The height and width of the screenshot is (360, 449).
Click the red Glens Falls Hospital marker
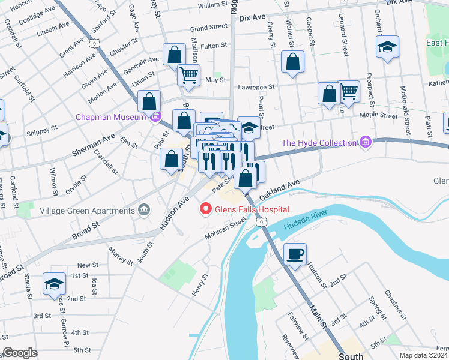(205, 209)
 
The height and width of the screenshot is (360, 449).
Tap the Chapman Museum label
(111, 117)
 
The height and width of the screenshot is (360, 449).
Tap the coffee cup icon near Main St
(295, 253)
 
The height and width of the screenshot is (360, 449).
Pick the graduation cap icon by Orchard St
(388, 46)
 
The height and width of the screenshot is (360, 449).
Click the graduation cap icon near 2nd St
(54, 283)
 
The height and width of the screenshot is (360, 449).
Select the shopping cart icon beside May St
(188, 75)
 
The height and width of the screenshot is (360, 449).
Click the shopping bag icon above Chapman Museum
(149, 101)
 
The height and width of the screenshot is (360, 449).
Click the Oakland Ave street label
(279, 190)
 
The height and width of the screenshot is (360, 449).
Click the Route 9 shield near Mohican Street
(260, 222)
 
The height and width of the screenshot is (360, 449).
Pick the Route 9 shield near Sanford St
(94, 43)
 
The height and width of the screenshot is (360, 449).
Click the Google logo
(19, 353)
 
